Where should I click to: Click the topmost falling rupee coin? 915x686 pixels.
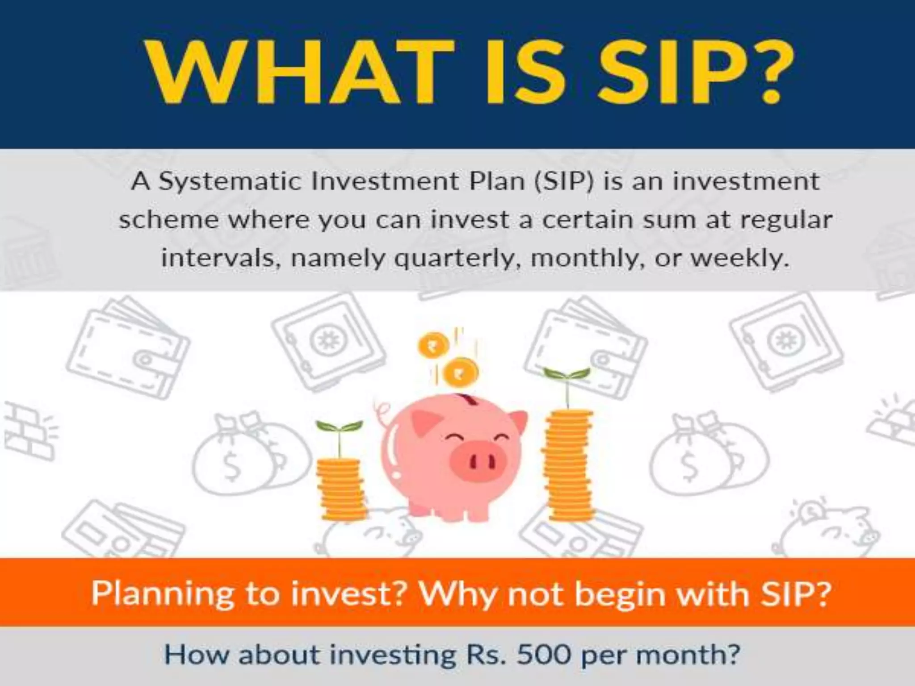click(x=433, y=345)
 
